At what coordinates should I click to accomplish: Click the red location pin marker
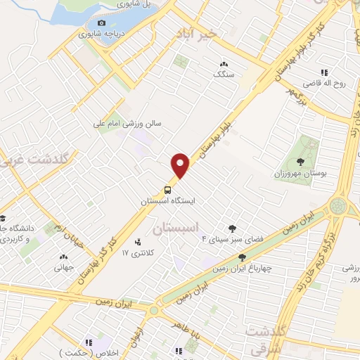(x=181, y=166)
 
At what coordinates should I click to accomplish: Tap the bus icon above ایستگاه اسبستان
(x=167, y=189)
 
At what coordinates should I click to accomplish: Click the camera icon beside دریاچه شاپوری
(x=102, y=23)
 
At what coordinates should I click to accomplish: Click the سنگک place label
(x=224, y=74)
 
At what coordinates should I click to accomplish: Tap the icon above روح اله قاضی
(x=324, y=72)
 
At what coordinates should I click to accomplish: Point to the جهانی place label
(x=63, y=267)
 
